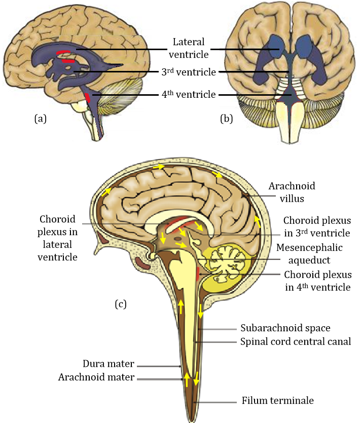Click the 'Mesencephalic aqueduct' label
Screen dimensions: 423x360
(309, 253)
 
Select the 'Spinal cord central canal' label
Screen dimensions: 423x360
(295, 341)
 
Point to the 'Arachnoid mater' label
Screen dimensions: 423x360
(96, 377)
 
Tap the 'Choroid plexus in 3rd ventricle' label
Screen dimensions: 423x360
(316, 227)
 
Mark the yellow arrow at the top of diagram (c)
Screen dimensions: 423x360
(159, 166)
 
